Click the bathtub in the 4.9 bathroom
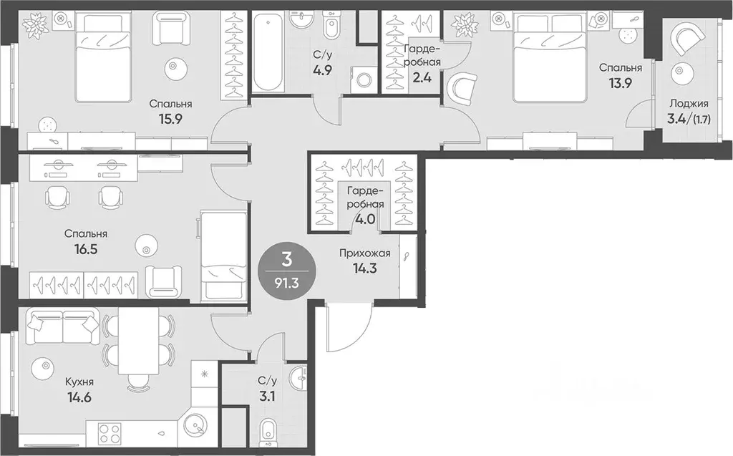[268, 52]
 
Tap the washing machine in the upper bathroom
[363, 79]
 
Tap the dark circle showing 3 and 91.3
[287, 270]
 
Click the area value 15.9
[170, 119]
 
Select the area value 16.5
[86, 248]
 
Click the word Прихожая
[364, 253]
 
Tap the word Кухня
[78, 382]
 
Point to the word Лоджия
[689, 104]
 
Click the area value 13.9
[621, 83]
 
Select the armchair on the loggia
[686, 41]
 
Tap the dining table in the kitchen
[138, 341]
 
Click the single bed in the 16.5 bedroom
[223, 256]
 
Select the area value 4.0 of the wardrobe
[365, 219]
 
